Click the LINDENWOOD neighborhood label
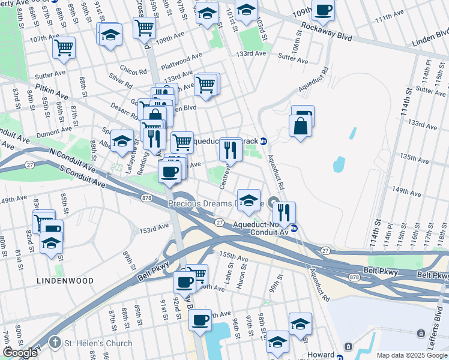point(65,280)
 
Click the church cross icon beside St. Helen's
point(54,343)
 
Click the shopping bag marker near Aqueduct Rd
point(300,127)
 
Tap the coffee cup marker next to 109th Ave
point(324,10)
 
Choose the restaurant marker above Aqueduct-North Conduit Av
point(283,212)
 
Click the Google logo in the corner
point(20,353)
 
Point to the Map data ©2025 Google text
point(412,355)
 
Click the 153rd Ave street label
point(154,229)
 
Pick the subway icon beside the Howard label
point(348,347)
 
